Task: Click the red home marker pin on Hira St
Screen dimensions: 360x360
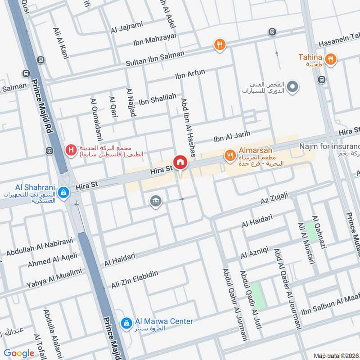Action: click(180, 162)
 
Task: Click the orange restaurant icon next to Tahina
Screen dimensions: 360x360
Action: click(331, 58)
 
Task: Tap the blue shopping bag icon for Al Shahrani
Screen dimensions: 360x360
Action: click(64, 192)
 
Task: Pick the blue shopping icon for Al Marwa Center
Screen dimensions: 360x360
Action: click(127, 323)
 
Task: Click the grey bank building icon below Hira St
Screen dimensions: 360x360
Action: click(156, 201)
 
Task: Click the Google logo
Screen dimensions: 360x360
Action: click(19, 353)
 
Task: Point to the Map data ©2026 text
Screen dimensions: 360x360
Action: click(336, 355)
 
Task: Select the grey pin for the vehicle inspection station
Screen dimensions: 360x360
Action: click(292, 85)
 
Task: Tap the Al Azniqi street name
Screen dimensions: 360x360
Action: click(255, 253)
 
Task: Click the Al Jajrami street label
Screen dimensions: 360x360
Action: click(126, 30)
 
